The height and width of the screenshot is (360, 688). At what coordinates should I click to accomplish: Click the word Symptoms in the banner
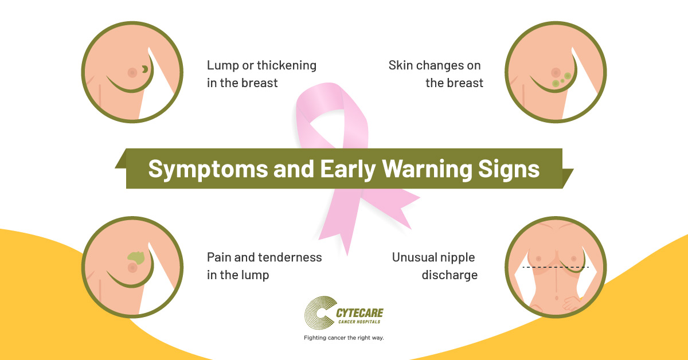point(208,169)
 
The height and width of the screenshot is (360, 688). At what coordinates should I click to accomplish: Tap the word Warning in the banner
point(427,169)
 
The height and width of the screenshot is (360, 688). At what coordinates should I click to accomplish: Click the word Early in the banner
point(347,169)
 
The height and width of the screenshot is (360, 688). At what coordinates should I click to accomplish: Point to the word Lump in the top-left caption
point(222,66)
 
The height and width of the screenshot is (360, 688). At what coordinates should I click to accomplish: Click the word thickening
point(287,65)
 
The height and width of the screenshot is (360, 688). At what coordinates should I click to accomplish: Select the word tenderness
point(294,257)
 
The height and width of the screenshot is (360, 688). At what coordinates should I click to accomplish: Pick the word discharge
point(449,275)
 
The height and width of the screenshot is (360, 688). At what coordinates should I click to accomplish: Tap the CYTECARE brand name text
point(359,313)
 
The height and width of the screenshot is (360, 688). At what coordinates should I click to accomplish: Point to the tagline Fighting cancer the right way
point(343,338)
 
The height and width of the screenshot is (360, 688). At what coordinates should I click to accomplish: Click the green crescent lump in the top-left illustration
point(145,69)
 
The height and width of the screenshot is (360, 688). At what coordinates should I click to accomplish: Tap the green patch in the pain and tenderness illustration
point(136,258)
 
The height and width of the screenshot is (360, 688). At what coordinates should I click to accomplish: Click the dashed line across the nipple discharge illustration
point(556,267)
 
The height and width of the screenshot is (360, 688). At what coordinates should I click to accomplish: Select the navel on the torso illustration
point(557,298)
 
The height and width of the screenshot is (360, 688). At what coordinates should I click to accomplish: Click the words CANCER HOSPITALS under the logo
point(359,322)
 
